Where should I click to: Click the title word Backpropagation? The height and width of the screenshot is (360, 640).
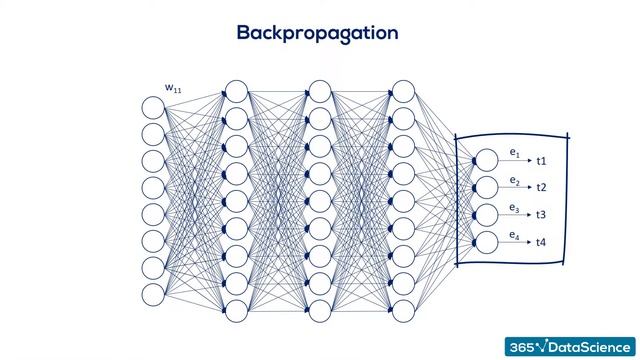[317, 32]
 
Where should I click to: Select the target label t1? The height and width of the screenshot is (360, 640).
[541, 161]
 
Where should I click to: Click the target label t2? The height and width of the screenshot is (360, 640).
[541, 188]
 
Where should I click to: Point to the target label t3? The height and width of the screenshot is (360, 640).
[541, 215]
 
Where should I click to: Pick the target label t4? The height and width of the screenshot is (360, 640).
[541, 242]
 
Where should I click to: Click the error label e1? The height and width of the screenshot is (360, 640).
[514, 153]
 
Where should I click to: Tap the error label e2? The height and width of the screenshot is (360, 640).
[514, 181]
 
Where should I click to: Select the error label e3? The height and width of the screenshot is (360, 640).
[514, 208]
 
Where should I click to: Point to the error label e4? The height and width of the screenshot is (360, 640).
[514, 235]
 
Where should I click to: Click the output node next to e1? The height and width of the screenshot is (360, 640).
[486, 160]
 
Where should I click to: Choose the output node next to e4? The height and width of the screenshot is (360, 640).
[486, 241]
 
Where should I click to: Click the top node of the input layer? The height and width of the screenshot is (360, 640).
[153, 107]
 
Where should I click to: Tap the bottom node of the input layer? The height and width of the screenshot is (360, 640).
[153, 295]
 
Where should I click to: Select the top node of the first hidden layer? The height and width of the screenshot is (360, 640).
[236, 92]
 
